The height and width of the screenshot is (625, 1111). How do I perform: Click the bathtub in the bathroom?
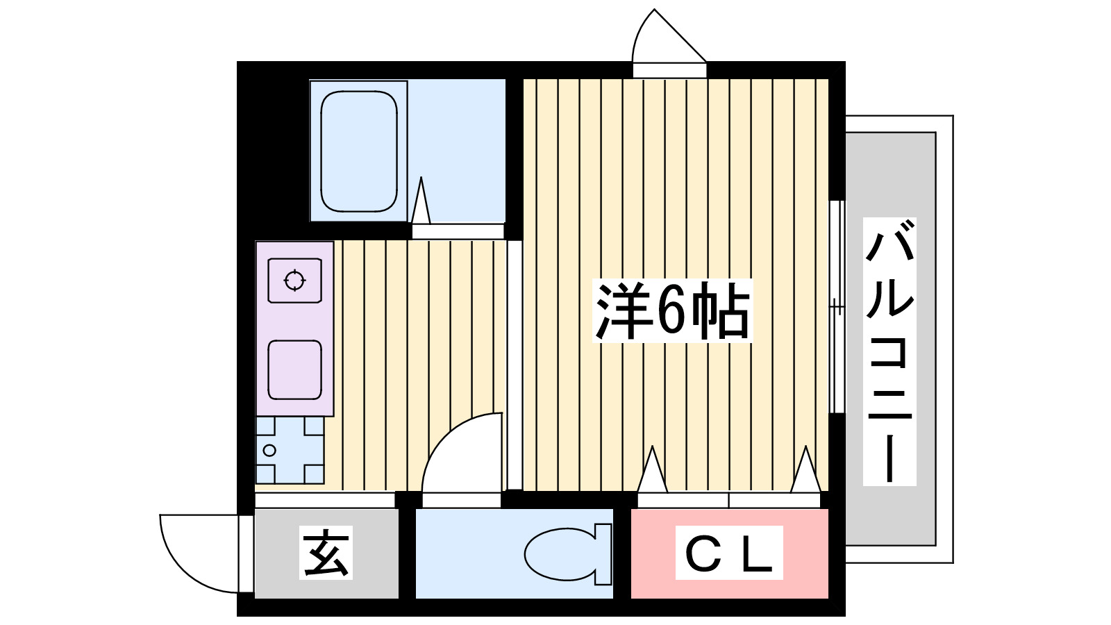coord(359,151)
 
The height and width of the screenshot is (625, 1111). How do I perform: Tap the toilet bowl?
coord(562,553)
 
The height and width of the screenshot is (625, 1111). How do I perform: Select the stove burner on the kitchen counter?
coord(295,281)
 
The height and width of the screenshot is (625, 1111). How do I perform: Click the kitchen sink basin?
coord(295,370)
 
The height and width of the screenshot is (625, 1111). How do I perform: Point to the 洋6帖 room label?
coord(672,311)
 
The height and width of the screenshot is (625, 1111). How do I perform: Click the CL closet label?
coord(729,553)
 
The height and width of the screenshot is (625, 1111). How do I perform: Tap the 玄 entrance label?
coord(326,553)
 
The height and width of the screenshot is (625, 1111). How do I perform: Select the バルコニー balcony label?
coord(889,351)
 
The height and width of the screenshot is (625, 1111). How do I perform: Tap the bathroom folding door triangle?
coord(421,201)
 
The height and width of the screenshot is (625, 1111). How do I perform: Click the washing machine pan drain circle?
coord(269,451)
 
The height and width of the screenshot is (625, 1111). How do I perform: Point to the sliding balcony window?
coord(837,306)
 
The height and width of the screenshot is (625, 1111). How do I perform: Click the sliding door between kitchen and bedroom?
coord(515,365)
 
